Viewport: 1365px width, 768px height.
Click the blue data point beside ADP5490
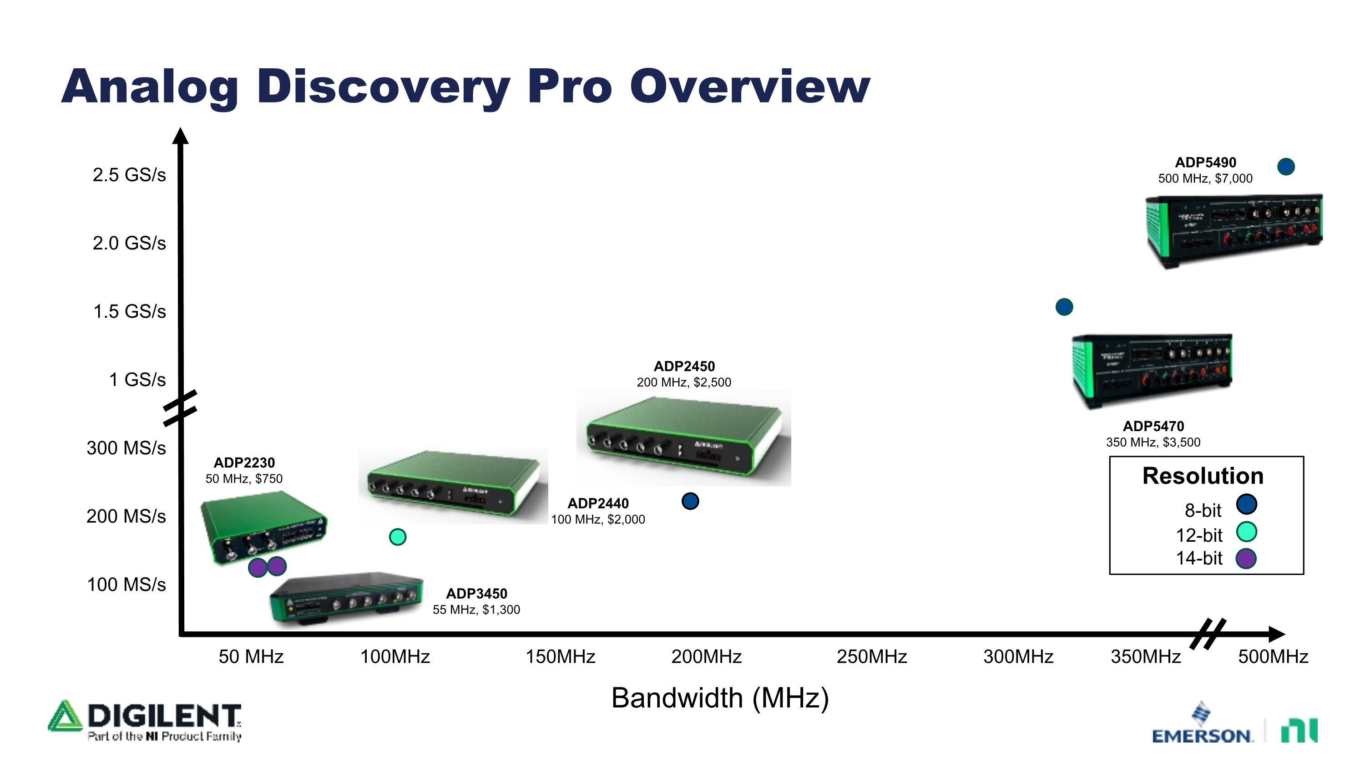[x=1286, y=167]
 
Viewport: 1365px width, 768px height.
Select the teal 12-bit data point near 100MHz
[x=397, y=537]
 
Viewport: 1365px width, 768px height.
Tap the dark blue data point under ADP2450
[x=690, y=501]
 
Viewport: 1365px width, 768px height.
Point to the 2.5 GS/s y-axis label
[x=129, y=174]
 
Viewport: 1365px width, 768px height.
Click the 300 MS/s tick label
[x=126, y=448]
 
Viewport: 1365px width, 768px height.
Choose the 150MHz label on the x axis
[x=560, y=657]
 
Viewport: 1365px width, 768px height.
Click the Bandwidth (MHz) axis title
[x=720, y=698]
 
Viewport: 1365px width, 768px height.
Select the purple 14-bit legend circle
[x=1246, y=558]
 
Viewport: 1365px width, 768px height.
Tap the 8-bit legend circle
[x=1246, y=504]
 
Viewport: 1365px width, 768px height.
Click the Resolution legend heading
[x=1203, y=476]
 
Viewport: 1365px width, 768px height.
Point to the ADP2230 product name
[x=244, y=463]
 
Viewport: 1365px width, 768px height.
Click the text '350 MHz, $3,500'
[x=1153, y=442]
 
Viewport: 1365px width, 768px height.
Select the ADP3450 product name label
[x=476, y=594]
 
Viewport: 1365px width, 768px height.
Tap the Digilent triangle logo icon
[x=65, y=716]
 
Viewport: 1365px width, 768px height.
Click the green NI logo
[x=1299, y=730]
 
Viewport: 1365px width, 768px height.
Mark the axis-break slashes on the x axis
[x=1208, y=634]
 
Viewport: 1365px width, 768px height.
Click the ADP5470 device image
[x=1152, y=371]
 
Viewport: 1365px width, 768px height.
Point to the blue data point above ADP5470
[x=1064, y=307]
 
